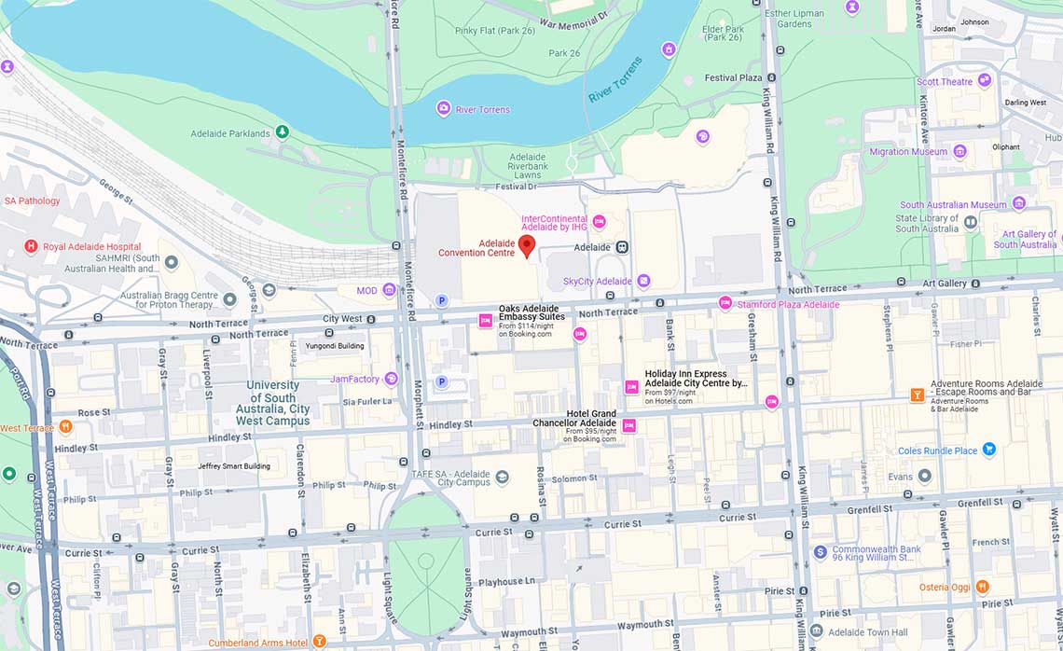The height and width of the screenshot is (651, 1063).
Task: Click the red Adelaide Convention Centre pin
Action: (527, 245)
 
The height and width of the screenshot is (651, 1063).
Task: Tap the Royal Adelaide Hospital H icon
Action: (31, 247)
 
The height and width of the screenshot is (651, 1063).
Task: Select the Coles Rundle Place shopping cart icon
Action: (989, 450)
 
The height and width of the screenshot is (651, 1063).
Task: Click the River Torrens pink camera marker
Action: (444, 109)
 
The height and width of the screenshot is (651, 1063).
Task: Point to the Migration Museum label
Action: (907, 152)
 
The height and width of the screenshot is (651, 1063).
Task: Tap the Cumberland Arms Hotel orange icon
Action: (320, 642)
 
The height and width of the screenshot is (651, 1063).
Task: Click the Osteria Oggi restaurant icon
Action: (982, 587)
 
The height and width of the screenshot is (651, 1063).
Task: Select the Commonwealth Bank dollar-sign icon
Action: (820, 552)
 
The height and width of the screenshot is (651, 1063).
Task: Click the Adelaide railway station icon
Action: (622, 247)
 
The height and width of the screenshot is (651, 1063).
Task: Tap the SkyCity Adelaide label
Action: (597, 281)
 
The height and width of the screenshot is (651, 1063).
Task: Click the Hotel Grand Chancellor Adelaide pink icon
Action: (629, 425)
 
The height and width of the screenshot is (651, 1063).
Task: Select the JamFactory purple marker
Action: (391, 379)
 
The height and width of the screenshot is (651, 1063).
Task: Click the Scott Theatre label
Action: (944, 82)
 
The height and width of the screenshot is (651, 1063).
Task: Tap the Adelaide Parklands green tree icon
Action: (282, 133)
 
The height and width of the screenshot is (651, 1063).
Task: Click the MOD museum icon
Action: (390, 290)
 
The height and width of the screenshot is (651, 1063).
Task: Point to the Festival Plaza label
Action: (733, 77)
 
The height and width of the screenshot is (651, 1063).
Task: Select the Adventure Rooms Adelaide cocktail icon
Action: (918, 395)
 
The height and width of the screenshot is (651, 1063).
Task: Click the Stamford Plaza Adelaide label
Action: (788, 305)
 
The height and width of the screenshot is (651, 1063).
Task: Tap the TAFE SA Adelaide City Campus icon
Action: (503, 477)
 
